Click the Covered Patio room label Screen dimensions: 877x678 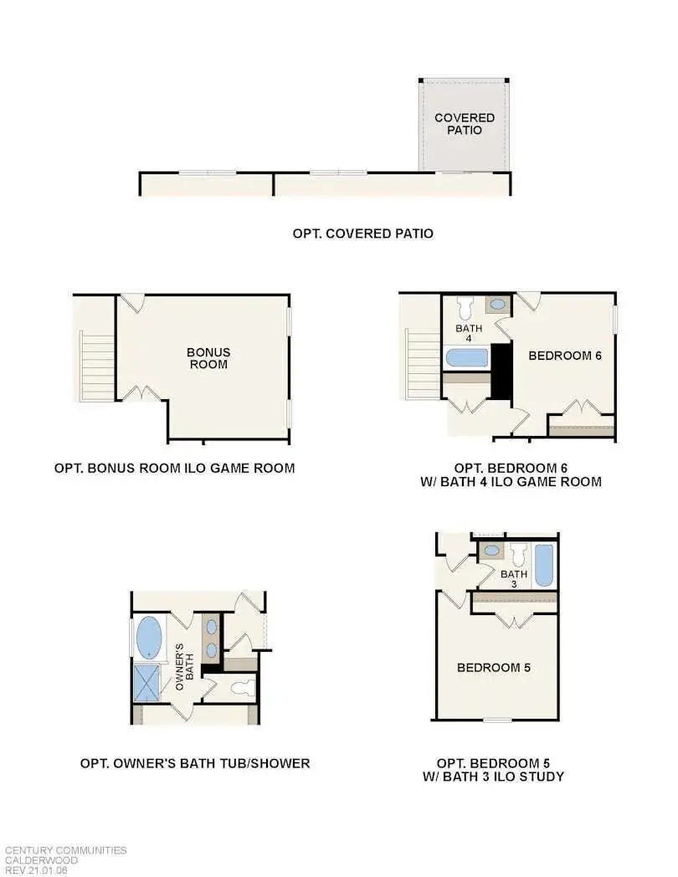point(464,124)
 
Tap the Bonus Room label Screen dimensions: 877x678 point(208,358)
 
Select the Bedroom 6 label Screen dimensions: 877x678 point(565,355)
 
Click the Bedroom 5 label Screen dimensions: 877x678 point(493,668)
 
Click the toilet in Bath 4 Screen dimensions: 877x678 point(466,305)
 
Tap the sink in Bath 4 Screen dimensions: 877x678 point(496,305)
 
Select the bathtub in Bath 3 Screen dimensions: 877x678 point(544,566)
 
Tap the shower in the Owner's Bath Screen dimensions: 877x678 point(147,682)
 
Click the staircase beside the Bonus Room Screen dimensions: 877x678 point(96,366)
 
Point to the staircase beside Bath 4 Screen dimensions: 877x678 point(423,366)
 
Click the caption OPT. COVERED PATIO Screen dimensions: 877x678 point(362,233)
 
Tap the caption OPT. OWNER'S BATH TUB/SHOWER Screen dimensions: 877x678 point(195,763)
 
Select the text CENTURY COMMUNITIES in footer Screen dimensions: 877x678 point(65,850)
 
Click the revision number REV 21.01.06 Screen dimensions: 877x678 point(37,870)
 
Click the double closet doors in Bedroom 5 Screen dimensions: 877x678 point(513,620)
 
